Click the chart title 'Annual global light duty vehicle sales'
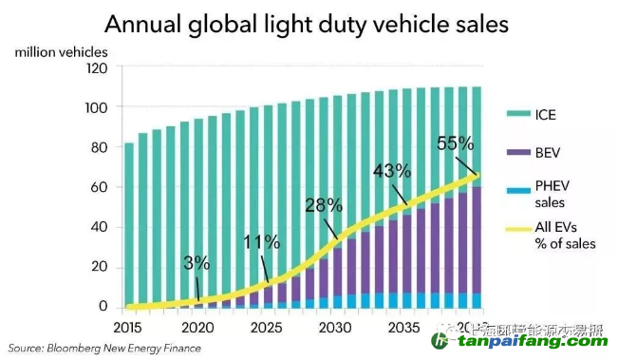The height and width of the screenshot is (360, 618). pyautogui.click(x=308, y=22)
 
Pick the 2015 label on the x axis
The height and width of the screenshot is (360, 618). pyautogui.click(x=129, y=326)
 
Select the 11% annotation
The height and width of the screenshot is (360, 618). pyautogui.click(x=261, y=242)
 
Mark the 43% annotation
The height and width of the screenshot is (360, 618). pyautogui.click(x=392, y=171)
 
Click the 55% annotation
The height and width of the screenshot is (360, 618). pyautogui.click(x=455, y=143)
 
